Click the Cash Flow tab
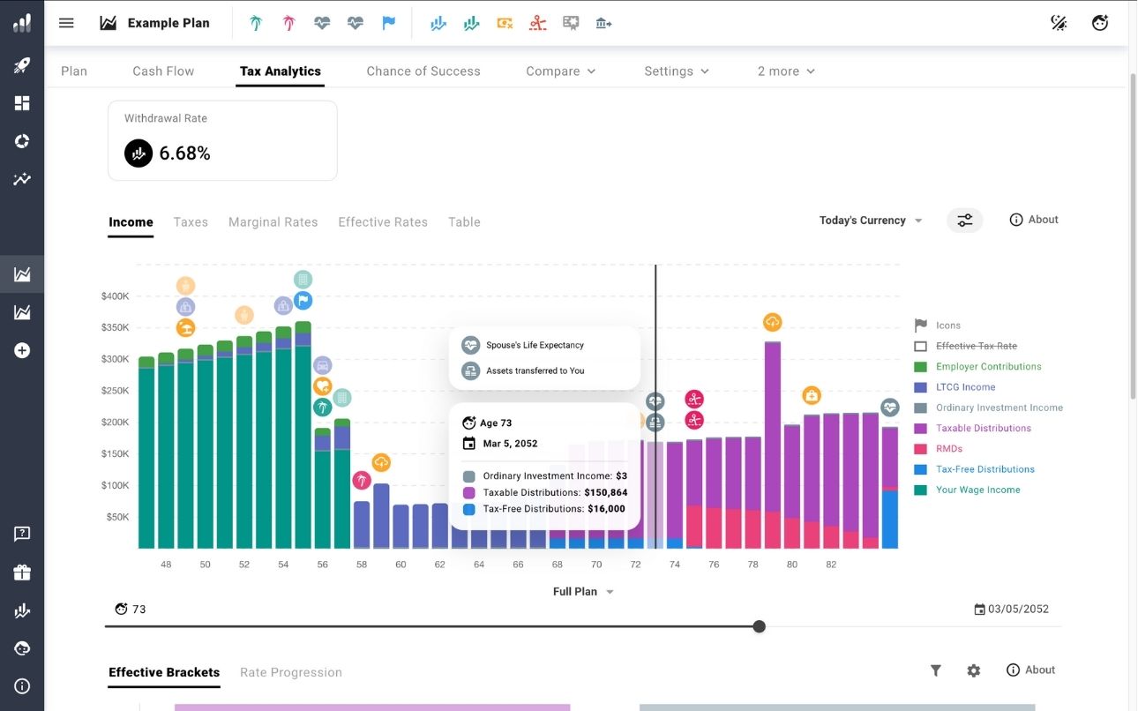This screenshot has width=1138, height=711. pos(163,71)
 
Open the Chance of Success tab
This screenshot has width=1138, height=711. pos(423,71)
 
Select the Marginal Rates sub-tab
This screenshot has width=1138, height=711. pos(273,222)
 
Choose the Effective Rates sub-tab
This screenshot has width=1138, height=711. pos(383,222)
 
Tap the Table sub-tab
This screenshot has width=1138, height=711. pos(464,222)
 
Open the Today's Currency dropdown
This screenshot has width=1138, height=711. pos(870,221)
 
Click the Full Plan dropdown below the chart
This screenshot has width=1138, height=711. pos(583,592)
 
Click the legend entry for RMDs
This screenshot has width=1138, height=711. pos(948,449)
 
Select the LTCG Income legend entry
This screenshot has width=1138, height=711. pos(965,387)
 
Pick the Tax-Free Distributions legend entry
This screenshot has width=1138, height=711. pos(985,469)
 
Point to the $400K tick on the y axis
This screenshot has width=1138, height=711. pos(116,296)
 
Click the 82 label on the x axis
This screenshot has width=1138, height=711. pos(831,565)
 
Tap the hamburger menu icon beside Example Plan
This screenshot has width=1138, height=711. pos(66,23)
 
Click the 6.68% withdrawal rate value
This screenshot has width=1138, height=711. pos(184,153)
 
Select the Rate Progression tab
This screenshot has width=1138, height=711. pos(291,672)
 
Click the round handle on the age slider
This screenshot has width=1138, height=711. pos(759,626)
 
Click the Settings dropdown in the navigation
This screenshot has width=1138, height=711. pos(677,71)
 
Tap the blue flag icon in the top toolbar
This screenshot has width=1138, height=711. pos(389,24)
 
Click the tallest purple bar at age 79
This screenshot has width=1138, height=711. pos(773,423)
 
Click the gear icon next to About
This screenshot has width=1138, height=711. pos(973,670)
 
